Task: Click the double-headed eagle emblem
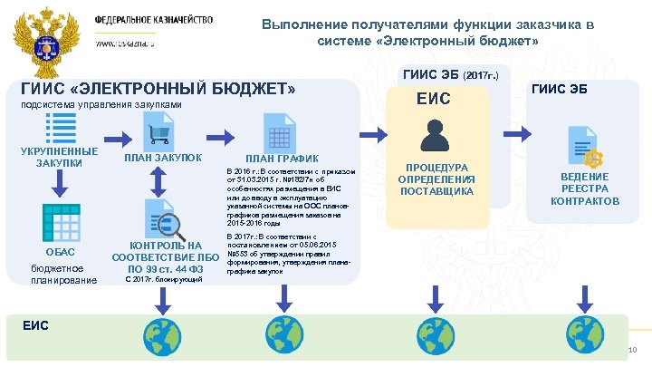coord(43,36)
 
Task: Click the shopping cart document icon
coord(160,132)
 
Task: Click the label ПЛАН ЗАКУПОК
coord(163,158)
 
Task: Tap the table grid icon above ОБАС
coord(59,221)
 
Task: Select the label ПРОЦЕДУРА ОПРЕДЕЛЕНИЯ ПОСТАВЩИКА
coord(436,179)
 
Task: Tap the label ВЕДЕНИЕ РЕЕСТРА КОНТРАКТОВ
coord(585,188)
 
